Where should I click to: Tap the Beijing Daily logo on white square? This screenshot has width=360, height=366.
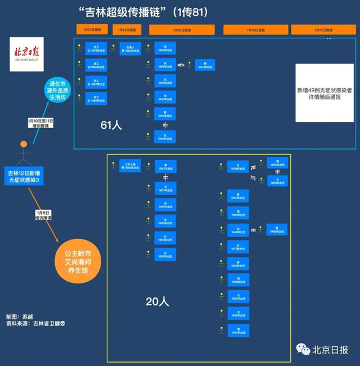pyautogui.click(x=26, y=53)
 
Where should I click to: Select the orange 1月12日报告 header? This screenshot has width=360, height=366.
pyautogui.click(x=93, y=30)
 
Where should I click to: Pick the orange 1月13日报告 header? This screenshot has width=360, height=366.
pyautogui.click(x=127, y=30)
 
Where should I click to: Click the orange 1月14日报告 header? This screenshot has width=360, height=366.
pyautogui.click(x=182, y=30)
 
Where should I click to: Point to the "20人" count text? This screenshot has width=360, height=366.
pyautogui.click(x=157, y=301)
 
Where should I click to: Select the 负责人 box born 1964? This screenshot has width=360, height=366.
pyautogui.click(x=130, y=49)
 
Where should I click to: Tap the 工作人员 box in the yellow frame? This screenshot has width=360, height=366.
pyautogui.click(x=130, y=166)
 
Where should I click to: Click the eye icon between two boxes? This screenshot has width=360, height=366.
pyautogui.click(x=182, y=65)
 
